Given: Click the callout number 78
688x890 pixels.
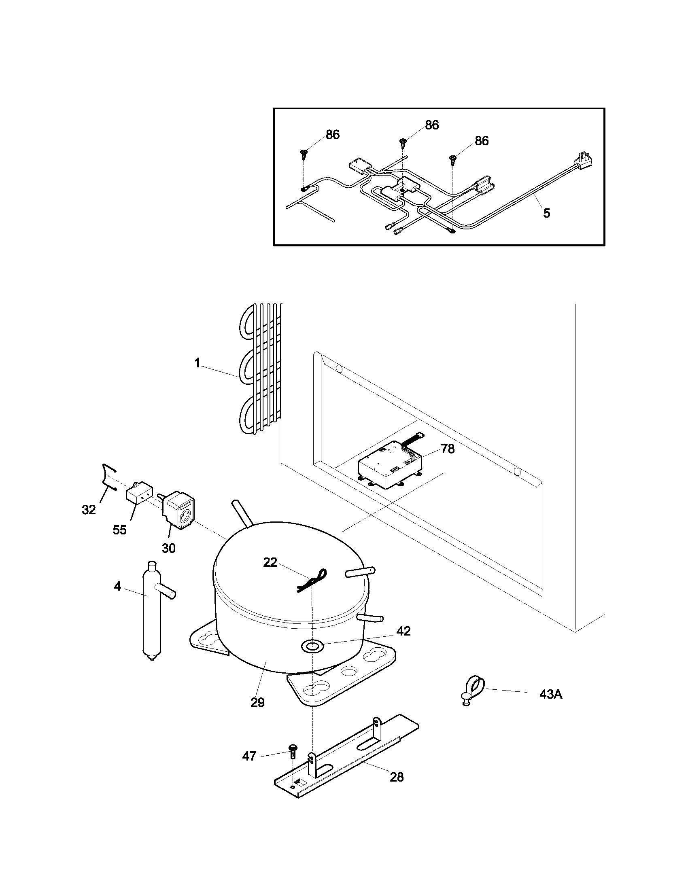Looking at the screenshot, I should click(447, 449).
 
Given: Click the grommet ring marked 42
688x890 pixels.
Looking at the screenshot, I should click(311, 646).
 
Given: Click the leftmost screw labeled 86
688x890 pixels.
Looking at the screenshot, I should click(304, 153).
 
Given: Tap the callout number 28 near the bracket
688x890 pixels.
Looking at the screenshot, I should click(396, 777).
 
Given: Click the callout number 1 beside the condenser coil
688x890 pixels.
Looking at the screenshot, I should click(197, 363).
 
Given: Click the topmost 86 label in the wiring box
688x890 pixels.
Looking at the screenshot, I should click(432, 125).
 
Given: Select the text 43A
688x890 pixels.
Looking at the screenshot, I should click(551, 694).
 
